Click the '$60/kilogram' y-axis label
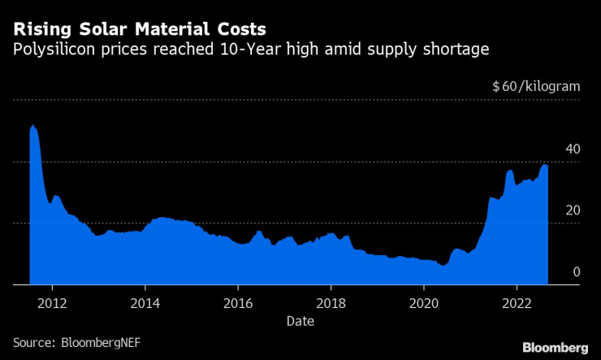click(x=536, y=86)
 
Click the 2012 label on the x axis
click(x=52, y=300)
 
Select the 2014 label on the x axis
click(x=145, y=300)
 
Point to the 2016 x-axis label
click(x=238, y=300)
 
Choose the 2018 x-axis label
click(x=331, y=300)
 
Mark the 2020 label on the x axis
click(x=423, y=300)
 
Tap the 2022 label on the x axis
click(x=517, y=300)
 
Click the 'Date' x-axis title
click(x=300, y=321)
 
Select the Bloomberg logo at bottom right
click(x=554, y=347)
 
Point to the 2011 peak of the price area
click(x=32, y=126)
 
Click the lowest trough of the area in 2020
click(x=443, y=265)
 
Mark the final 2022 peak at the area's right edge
click(x=545, y=166)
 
